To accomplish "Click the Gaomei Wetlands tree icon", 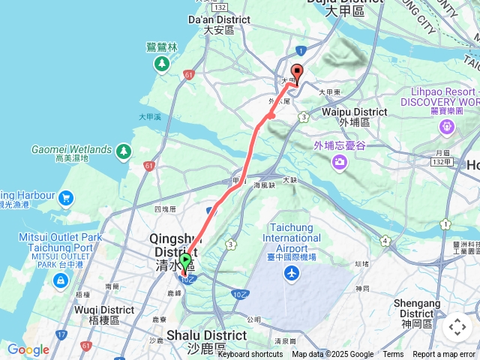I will [124, 152].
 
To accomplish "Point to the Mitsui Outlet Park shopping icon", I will [59, 280].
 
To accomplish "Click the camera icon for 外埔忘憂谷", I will [340, 161].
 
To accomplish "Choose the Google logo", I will [28, 349].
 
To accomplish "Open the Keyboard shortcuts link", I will [250, 355].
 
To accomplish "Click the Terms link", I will [393, 355].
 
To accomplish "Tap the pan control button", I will [457, 327].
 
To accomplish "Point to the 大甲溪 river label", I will [150, 117].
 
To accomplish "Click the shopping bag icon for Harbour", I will [66, 198].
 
